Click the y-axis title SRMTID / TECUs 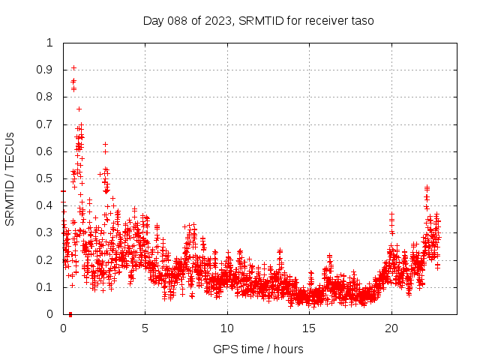click(x=10, y=178)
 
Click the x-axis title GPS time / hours click(x=258, y=349)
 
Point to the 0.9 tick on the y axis click(x=46, y=70)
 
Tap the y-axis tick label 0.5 click(x=46, y=178)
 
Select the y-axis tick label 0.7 click(x=46, y=124)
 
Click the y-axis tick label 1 click(x=50, y=43)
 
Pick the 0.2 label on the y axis click(x=46, y=260)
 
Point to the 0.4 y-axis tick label click(x=46, y=205)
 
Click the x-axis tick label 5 click(x=145, y=328)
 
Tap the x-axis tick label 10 click(x=226, y=328)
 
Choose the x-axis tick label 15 click(x=309, y=328)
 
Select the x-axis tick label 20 click(x=391, y=328)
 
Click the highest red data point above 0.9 click(x=73, y=67)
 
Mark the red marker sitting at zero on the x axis click(x=70, y=313)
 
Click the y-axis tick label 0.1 click(x=46, y=287)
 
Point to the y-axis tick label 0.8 click(x=46, y=97)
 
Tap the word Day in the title click(x=153, y=20)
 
